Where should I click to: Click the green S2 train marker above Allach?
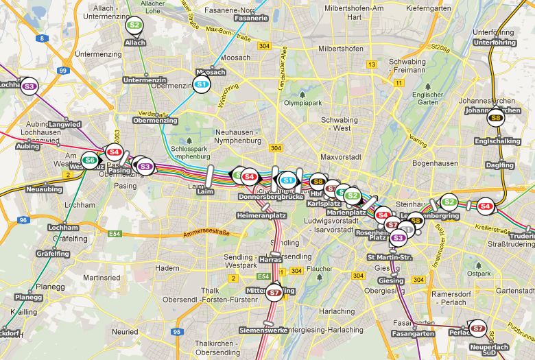click(135, 26)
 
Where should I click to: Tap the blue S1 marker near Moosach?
click(202, 84)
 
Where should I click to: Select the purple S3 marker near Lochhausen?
click(29, 86)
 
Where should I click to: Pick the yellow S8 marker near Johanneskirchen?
click(497, 119)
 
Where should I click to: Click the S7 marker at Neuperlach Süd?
click(478, 328)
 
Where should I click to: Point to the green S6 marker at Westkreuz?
click(90, 160)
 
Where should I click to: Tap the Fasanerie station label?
click(250, 18)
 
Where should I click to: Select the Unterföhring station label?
click(494, 43)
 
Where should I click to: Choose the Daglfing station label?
click(499, 165)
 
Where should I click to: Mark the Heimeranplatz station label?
click(261, 215)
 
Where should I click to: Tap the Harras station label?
click(271, 260)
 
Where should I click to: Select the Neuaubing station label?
click(43, 189)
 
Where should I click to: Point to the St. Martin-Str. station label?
click(390, 257)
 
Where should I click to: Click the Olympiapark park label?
click(302, 102)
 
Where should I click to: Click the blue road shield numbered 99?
click(63, 71)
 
